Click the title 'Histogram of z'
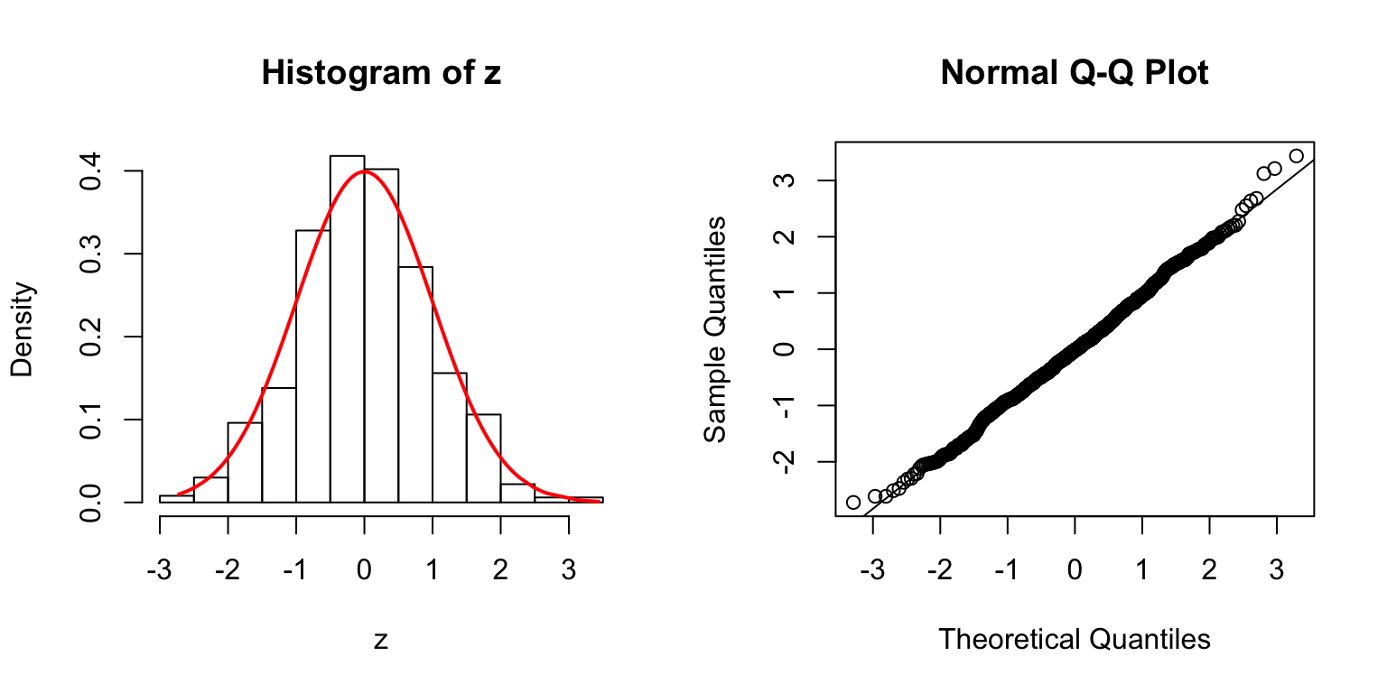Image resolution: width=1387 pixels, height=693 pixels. [x=381, y=73]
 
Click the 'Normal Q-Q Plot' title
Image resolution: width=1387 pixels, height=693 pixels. [x=1074, y=73]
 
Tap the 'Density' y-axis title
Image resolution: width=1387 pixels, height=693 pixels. [x=23, y=328]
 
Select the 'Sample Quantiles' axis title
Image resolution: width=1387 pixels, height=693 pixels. [x=715, y=328]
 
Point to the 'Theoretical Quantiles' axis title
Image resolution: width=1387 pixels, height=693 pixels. [x=1074, y=639]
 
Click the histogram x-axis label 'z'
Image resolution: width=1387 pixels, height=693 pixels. [x=381, y=640]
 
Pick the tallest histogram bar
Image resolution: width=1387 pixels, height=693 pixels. [x=347, y=328]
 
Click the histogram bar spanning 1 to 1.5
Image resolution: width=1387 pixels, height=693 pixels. [x=450, y=438]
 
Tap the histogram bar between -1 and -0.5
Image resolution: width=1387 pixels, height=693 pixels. [x=313, y=366]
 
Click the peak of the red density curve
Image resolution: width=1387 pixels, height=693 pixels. [x=364, y=171]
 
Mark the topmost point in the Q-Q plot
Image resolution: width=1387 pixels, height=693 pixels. [x=1297, y=155]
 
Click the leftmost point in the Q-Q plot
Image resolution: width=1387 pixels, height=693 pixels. [x=853, y=502]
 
